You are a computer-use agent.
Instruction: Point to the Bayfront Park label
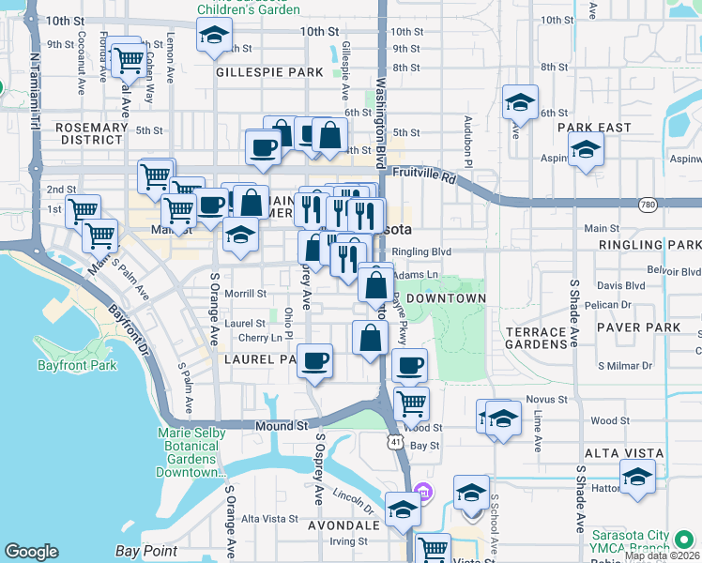(77, 365)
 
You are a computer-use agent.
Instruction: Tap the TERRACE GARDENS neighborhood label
(536, 338)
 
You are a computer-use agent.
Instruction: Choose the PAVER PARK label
(644, 327)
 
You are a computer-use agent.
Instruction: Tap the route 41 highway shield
(396, 441)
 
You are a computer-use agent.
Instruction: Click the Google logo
(31, 552)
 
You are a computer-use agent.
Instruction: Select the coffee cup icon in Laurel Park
(315, 359)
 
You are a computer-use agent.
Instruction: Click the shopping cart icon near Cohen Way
(128, 60)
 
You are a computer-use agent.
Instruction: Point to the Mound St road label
(282, 425)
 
